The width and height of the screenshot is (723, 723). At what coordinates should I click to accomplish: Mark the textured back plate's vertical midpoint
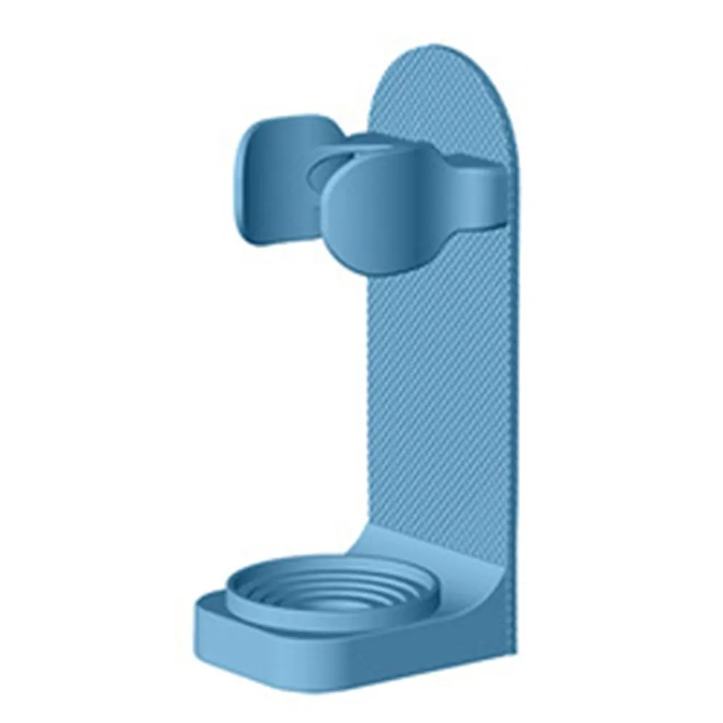click(x=444, y=372)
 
